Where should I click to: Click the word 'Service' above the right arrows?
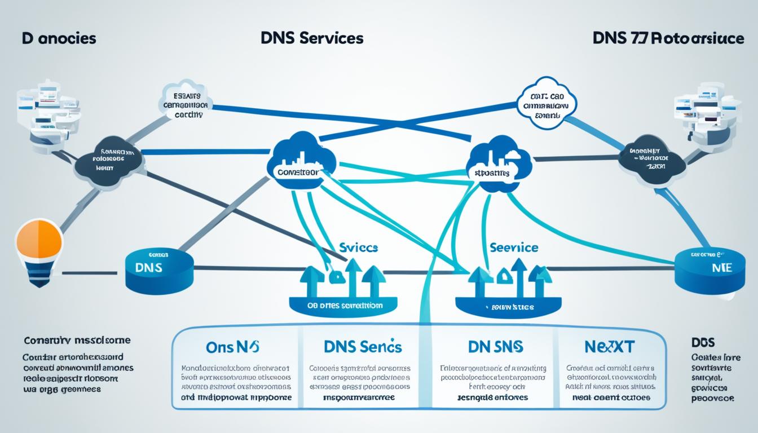pos(514,247)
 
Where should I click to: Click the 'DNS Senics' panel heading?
pos(363,346)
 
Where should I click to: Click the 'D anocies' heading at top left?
pos(59,38)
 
